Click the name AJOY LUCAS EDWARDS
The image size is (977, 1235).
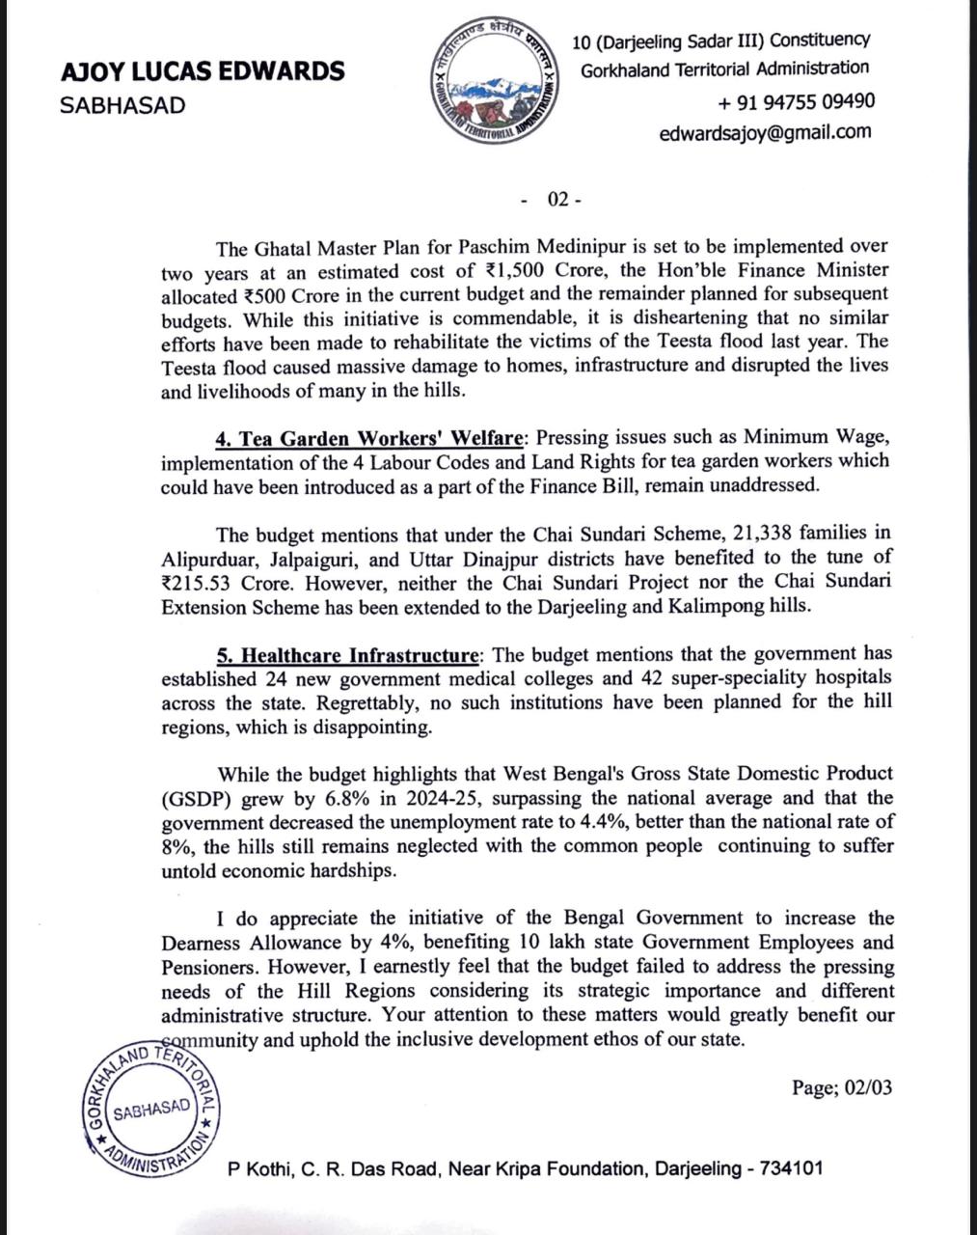(x=202, y=70)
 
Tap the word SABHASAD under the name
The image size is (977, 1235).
(x=122, y=105)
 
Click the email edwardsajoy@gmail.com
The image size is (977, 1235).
(x=765, y=132)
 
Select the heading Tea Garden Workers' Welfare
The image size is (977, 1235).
(x=369, y=438)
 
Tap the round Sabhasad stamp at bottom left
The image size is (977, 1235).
(x=150, y=1109)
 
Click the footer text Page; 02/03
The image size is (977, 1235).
(x=841, y=1087)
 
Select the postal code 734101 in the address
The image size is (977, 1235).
(x=792, y=1168)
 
